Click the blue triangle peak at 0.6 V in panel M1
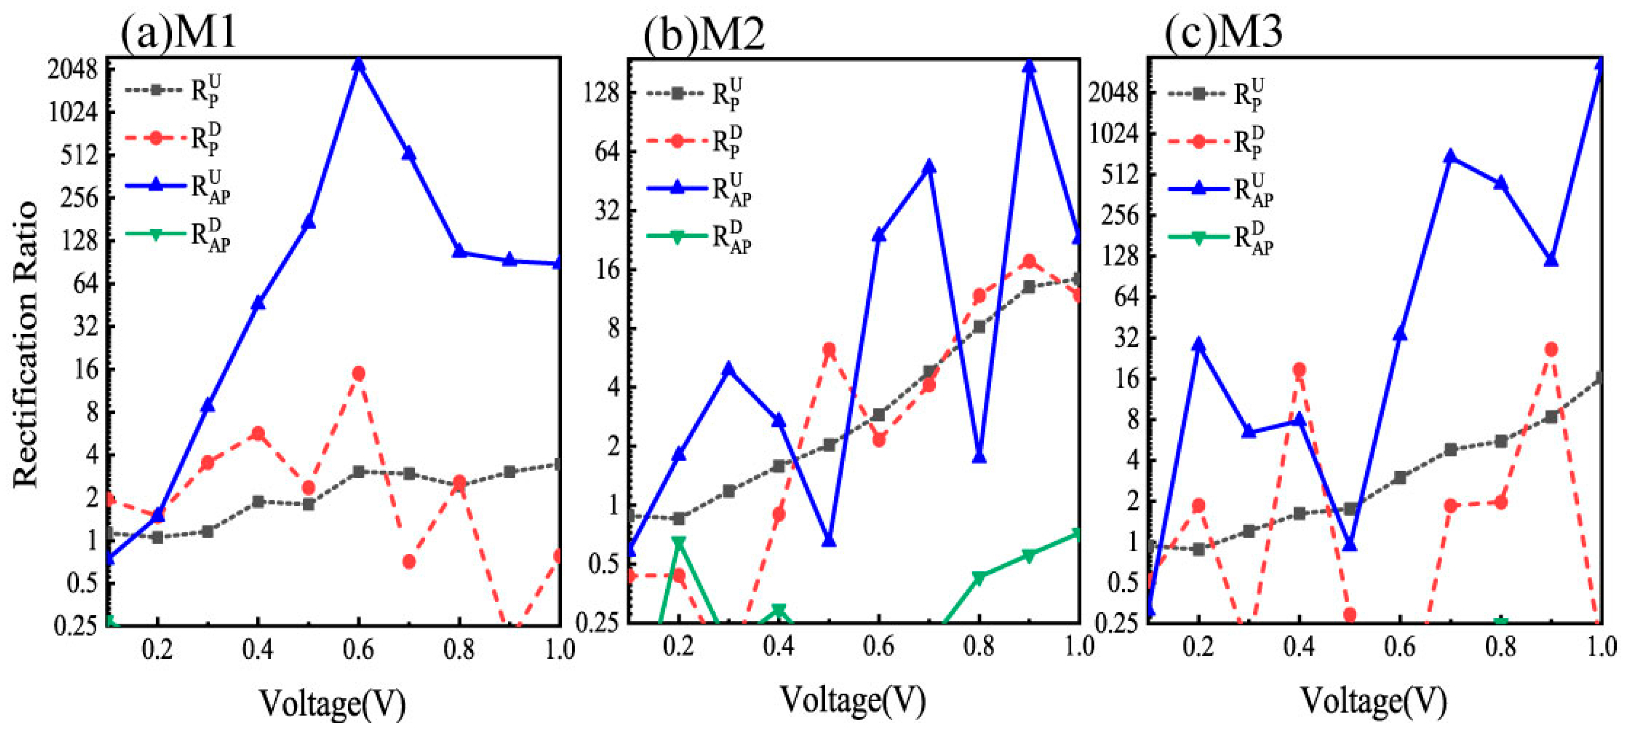click(359, 65)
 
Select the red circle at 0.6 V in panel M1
click(359, 373)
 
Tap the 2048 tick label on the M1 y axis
click(73, 70)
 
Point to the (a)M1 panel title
click(179, 32)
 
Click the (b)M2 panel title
click(704, 33)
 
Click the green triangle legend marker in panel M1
click(155, 234)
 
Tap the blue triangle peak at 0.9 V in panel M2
click(1029, 66)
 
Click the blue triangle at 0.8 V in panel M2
click(979, 456)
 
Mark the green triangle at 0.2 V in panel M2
click(678, 542)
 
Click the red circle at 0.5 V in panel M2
click(829, 349)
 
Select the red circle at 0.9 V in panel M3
click(1551, 349)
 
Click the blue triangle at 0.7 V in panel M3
click(1450, 156)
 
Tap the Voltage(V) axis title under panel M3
click(1373, 700)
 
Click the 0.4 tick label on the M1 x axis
click(257, 649)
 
